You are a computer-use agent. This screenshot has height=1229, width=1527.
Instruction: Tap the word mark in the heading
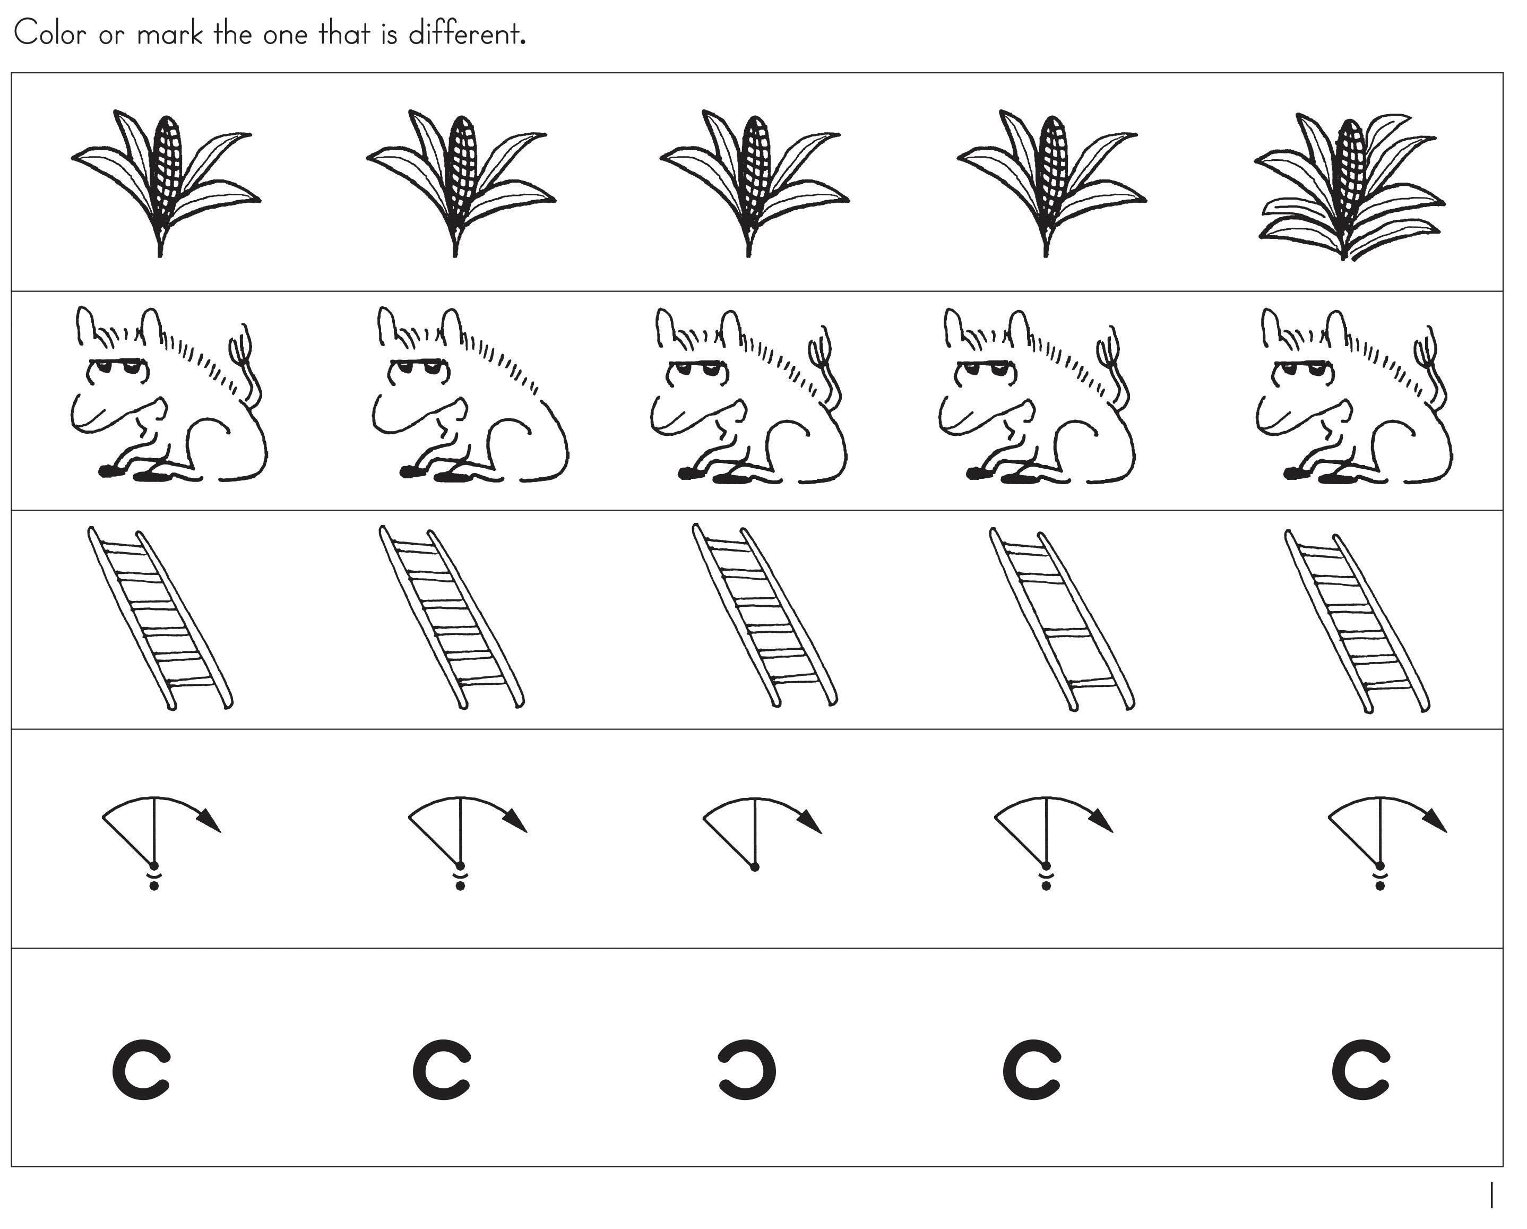pos(170,33)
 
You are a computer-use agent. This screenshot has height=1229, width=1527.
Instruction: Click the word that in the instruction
pos(345,33)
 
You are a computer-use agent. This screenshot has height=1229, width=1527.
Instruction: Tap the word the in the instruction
pos(233,33)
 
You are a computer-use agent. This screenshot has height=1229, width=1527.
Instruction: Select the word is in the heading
pos(390,34)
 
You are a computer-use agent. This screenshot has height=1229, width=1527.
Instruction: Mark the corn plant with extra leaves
pos(1349,186)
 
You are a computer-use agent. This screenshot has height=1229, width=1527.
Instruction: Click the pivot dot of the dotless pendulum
pos(755,867)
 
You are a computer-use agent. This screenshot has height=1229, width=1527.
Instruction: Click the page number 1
pos(1491,1195)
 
